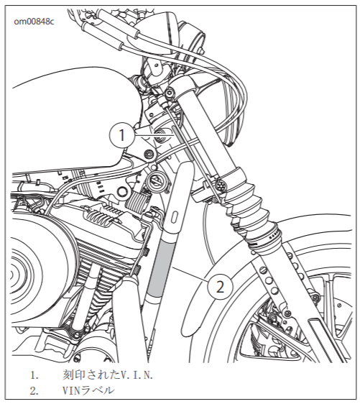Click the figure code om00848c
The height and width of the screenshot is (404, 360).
point(34,22)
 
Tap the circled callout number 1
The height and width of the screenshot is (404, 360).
point(122,134)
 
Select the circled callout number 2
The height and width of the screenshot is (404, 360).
point(220,287)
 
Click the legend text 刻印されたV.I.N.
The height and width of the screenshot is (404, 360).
point(108,375)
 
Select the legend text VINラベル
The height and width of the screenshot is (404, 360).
point(88,390)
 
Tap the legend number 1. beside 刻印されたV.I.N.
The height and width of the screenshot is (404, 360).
point(34,375)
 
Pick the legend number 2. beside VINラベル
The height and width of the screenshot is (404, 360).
point(34,391)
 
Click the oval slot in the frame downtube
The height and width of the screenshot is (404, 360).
point(175,216)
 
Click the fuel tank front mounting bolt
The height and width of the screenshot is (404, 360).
point(149,155)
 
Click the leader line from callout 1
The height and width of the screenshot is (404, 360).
point(153,134)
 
